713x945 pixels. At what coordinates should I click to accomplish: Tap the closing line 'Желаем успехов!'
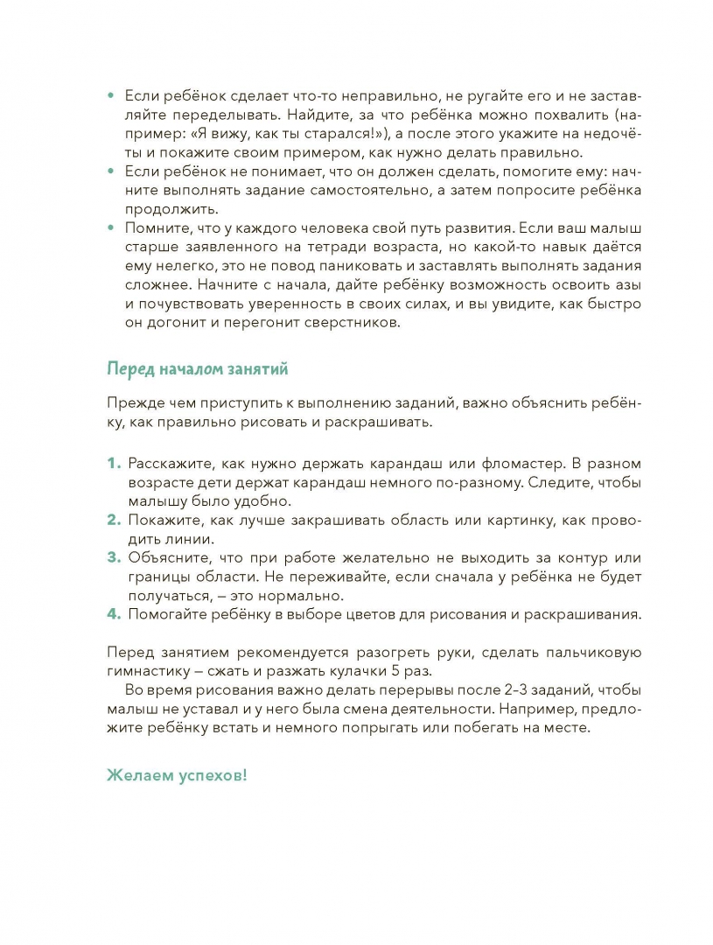click(x=177, y=775)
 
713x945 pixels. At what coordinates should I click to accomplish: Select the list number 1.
click(x=112, y=463)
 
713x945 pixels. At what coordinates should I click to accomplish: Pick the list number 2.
click(x=113, y=520)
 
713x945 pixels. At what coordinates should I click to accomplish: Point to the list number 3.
click(x=113, y=558)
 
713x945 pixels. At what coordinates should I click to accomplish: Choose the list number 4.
click(x=113, y=614)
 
